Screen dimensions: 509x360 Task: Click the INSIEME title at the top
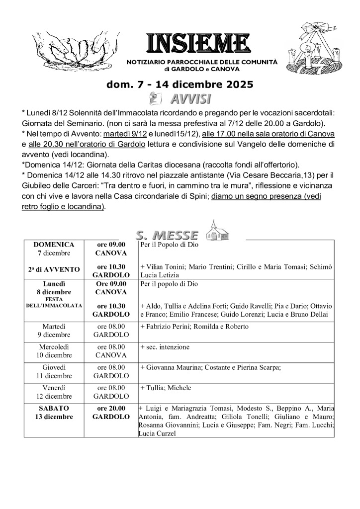pyautogui.click(x=196, y=44)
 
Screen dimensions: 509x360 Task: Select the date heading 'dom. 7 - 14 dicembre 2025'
pyautogui.click(x=180, y=85)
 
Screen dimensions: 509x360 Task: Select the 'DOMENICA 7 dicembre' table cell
pyautogui.click(x=54, y=249)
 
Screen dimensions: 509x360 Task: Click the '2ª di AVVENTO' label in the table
pyautogui.click(x=54, y=269)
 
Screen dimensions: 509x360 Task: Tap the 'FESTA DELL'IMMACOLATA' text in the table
pyautogui.click(x=54, y=303)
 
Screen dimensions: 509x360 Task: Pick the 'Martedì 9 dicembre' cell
pyautogui.click(x=54, y=331)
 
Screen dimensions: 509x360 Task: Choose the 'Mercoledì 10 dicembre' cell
pyautogui.click(x=54, y=351)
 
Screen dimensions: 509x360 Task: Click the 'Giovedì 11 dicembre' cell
pyautogui.click(x=54, y=371)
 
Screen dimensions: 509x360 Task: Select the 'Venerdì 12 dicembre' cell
pyautogui.click(x=54, y=392)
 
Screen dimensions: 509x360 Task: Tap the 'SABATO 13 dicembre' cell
pyautogui.click(x=54, y=412)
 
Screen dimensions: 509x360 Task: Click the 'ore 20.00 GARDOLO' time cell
pyautogui.click(x=111, y=412)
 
